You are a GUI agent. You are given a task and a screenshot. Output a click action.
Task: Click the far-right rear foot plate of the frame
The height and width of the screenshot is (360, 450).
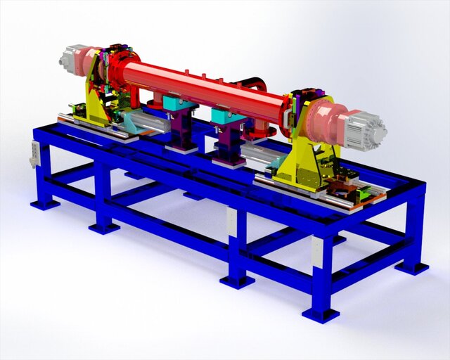(411, 268)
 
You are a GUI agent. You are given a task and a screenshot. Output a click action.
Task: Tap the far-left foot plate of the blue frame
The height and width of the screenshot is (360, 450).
(44, 204)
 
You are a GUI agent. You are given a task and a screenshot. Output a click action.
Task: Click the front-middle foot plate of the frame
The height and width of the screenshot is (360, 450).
(237, 281)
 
